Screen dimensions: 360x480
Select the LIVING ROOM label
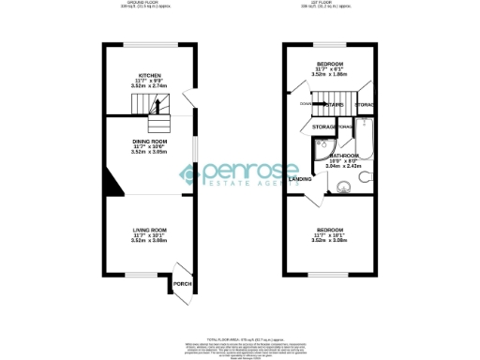[x=150, y=230]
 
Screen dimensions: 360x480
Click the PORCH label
[x=182, y=284]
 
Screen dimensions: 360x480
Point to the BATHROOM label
[x=344, y=156]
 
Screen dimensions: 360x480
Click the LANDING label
[x=301, y=178]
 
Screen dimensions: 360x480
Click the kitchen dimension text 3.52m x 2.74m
[x=150, y=85]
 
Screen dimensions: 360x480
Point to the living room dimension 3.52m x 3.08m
[x=150, y=241]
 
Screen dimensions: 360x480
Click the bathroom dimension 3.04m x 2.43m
[x=344, y=167]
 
